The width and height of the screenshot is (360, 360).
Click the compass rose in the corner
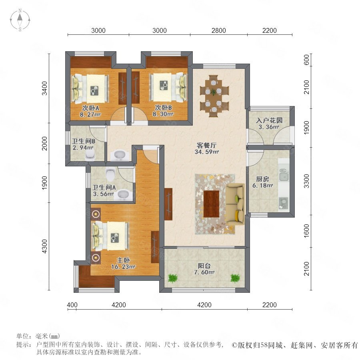[20, 20]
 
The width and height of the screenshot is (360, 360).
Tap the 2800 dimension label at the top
[218, 30]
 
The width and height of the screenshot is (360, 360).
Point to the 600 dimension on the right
[306, 60]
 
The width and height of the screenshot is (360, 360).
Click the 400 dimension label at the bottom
[72, 305]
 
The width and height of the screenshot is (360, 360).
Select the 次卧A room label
[90, 108]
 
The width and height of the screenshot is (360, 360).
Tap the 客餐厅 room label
[207, 145]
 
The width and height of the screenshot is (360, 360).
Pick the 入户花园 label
[269, 120]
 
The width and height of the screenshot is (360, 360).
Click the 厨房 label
[262, 179]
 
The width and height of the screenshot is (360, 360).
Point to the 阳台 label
[204, 266]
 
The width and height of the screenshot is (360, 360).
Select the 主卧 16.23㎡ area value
[123, 267]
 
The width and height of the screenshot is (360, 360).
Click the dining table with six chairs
[214, 96]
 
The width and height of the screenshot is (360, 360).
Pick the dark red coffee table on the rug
[211, 204]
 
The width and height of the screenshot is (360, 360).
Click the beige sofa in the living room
[235, 202]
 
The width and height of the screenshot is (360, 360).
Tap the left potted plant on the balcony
[173, 278]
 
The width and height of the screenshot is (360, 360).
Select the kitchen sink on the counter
[284, 174]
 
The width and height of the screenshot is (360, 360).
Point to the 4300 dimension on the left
[44, 246]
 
